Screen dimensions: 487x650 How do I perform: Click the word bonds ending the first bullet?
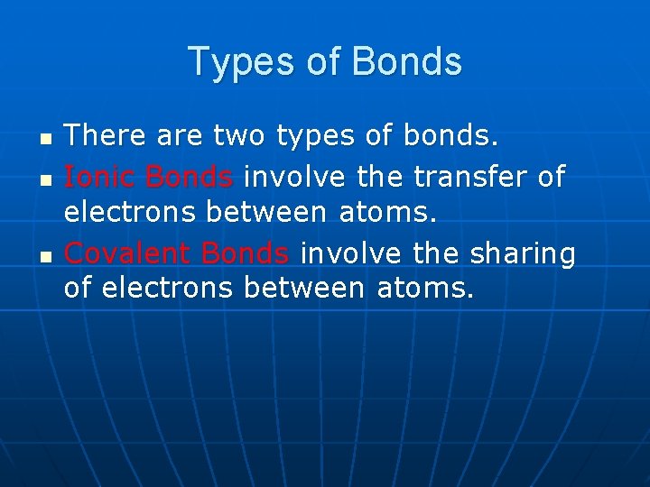tap(450, 137)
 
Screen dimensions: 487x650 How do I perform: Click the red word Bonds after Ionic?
tap(190, 177)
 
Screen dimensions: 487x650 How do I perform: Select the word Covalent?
tap(129, 254)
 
